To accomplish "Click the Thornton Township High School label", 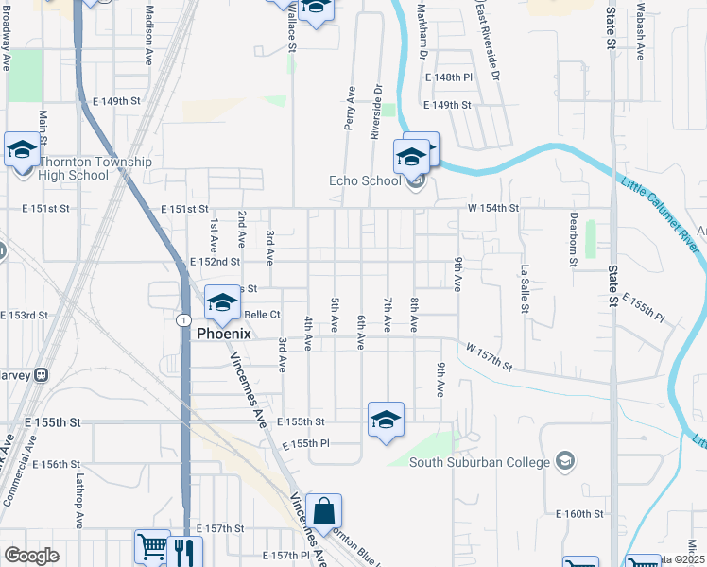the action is pos(95,168).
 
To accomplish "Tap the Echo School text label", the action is pos(364,181).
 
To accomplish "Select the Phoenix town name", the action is pos(223,334).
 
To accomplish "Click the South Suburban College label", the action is pos(479,462).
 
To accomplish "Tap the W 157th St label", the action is pos(489,357).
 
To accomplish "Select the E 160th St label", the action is pos(579,514).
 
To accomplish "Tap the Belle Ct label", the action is pos(263,315).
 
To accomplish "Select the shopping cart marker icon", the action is pos(152,546).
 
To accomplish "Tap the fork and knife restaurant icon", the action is pos(183,549).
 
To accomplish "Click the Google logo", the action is pos(31,556).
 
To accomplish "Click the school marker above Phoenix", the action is pos(222,302).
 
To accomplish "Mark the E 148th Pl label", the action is pos(448,77).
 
